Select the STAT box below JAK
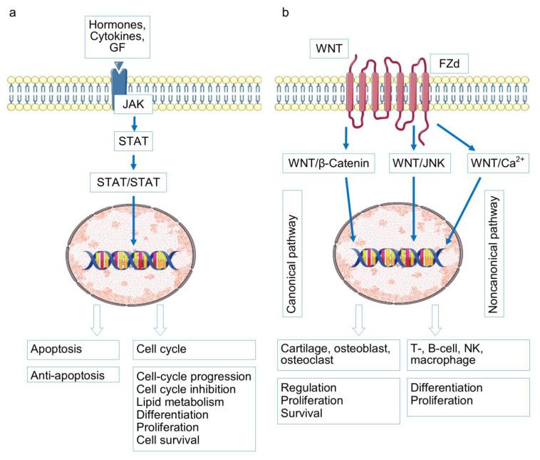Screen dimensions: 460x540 click(x=134, y=141)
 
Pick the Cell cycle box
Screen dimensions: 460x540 click(x=194, y=350)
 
